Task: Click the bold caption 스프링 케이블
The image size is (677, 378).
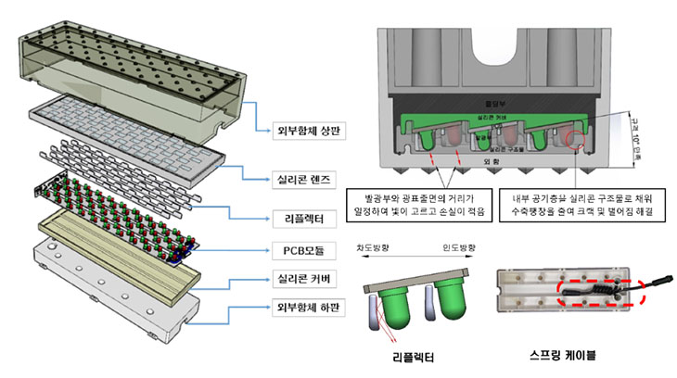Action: coord(562,355)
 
